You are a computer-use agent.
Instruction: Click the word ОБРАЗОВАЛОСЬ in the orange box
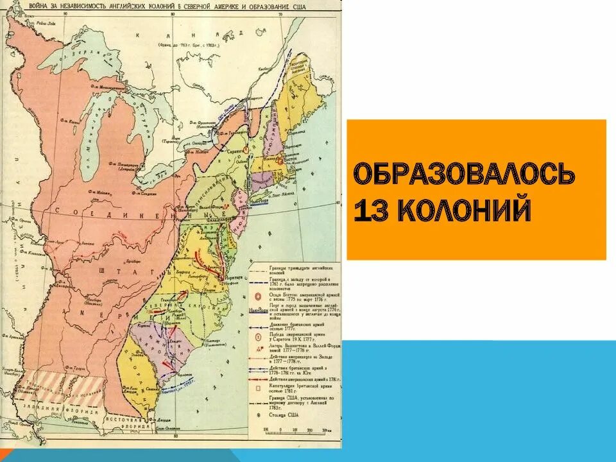[x=463, y=175]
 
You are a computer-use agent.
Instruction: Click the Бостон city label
[x=293, y=155]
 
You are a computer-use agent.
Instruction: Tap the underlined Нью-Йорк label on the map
[x=259, y=200]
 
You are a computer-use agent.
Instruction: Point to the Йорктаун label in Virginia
[x=233, y=277]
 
